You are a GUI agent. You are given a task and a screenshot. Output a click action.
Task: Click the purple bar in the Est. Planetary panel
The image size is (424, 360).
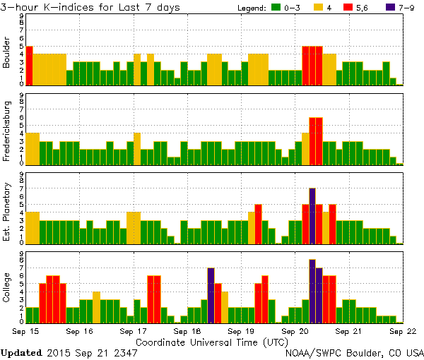click(x=312, y=215)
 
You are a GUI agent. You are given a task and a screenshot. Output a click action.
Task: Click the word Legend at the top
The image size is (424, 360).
click(x=247, y=8)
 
